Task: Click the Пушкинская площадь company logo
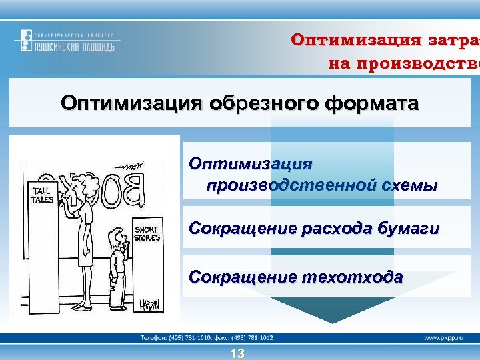pyautogui.click(x=67, y=41)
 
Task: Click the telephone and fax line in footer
pyautogui.click(x=207, y=338)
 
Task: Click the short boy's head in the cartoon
pyautogui.click(x=119, y=238)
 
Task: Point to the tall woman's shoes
pyautogui.click(x=82, y=307)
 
